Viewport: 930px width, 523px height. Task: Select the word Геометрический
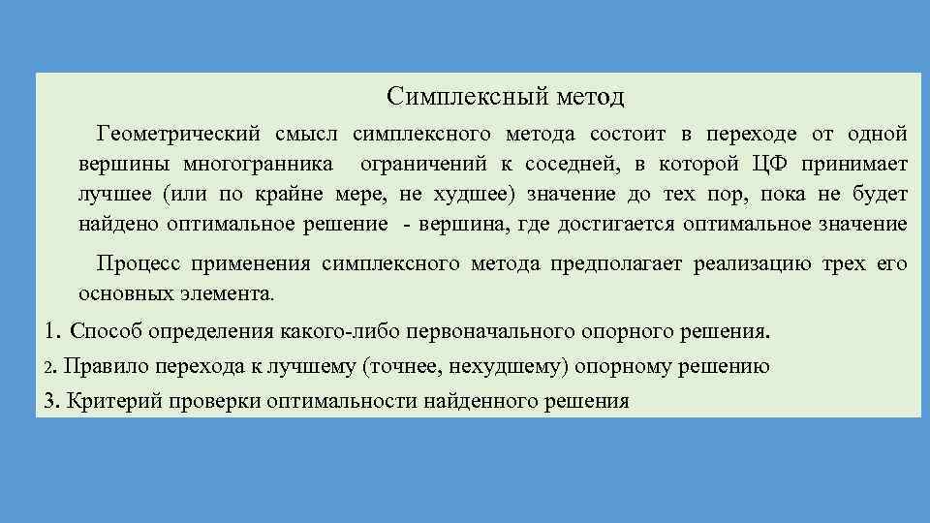(x=177, y=132)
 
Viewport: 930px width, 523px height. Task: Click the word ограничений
(x=423, y=163)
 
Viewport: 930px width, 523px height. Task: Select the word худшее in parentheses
(x=476, y=194)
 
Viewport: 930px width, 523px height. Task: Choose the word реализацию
(x=750, y=263)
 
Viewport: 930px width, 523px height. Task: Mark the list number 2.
(x=50, y=367)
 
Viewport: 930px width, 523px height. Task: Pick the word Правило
(x=103, y=366)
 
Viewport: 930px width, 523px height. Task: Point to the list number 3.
(x=51, y=401)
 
